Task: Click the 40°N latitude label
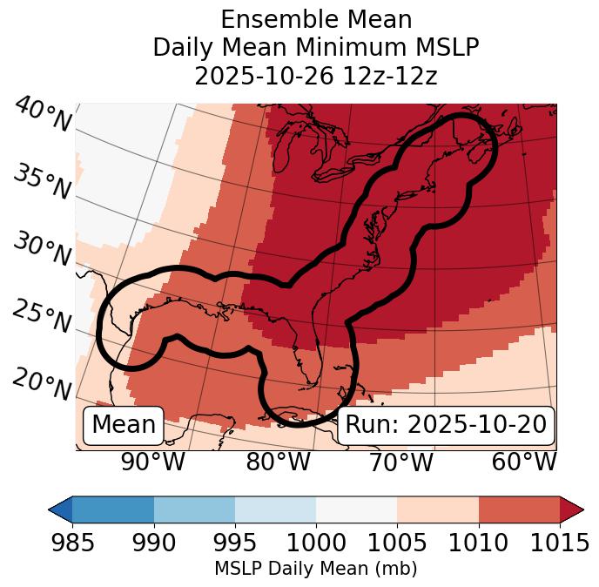[x=43, y=115]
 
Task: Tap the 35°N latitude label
[x=42, y=181]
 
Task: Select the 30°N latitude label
[x=42, y=248]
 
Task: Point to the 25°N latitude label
[x=42, y=316]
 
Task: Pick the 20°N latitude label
[x=42, y=383]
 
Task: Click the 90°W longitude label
[x=152, y=462]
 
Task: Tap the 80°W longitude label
[x=278, y=462]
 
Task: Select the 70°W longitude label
[x=400, y=462]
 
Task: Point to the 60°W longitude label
[x=523, y=462]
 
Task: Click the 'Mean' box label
[x=124, y=425]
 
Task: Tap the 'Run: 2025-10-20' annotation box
[x=446, y=425]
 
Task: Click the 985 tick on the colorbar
[x=72, y=543]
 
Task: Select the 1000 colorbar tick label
[x=316, y=543]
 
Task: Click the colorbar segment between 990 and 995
[x=194, y=509]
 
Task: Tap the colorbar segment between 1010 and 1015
[x=519, y=509]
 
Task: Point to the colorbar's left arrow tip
[x=50, y=509]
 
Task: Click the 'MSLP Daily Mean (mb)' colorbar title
[x=316, y=569]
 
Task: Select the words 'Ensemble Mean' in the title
[x=316, y=19]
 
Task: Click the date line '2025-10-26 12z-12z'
[x=316, y=76]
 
